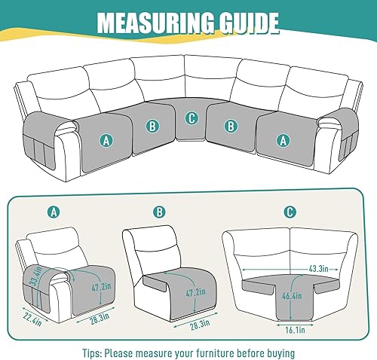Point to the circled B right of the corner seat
tap(231, 126)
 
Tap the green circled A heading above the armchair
tap(53, 213)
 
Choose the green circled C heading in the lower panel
tap(291, 213)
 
